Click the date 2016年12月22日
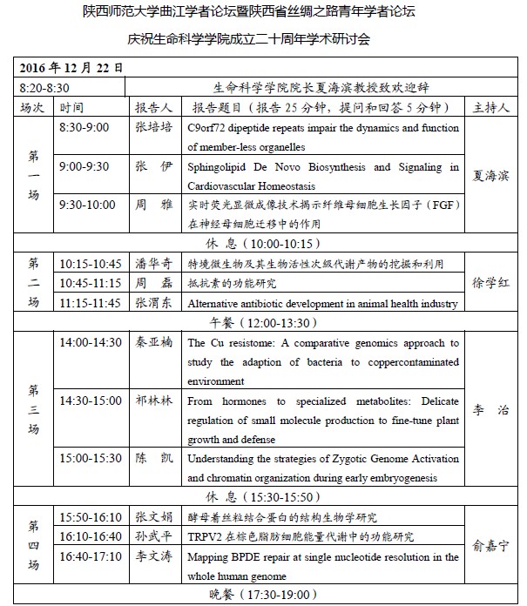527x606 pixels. pos(71,68)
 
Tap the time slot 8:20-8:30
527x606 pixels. pos(44,88)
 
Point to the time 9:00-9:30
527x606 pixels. pos(84,166)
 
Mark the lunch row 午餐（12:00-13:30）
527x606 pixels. pos(260,322)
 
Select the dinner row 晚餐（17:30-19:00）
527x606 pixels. pos(260,596)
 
